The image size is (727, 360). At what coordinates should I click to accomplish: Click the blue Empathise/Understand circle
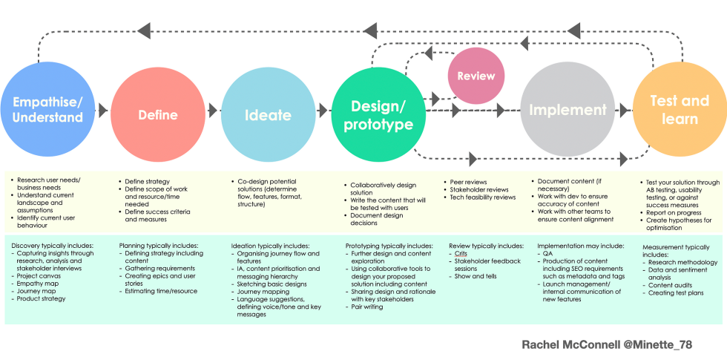click(x=47, y=109)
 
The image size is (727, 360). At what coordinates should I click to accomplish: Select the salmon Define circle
click(x=157, y=114)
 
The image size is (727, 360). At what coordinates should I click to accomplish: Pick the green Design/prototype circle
click(x=378, y=114)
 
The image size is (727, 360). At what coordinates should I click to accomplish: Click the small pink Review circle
click(x=476, y=76)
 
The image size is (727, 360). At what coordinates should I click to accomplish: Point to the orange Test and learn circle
click(x=679, y=109)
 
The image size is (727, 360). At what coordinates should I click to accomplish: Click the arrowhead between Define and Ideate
click(x=214, y=110)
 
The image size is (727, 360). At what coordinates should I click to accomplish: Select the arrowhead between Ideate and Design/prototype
click(x=323, y=110)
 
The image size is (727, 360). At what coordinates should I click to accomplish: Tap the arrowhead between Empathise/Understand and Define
click(x=102, y=110)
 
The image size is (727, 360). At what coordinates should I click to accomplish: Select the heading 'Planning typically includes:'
click(x=158, y=245)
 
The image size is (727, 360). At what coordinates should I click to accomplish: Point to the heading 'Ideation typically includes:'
click(x=270, y=246)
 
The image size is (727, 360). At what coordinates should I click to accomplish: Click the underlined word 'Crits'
click(x=460, y=254)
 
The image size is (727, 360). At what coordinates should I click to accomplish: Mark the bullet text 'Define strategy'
click(x=148, y=181)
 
